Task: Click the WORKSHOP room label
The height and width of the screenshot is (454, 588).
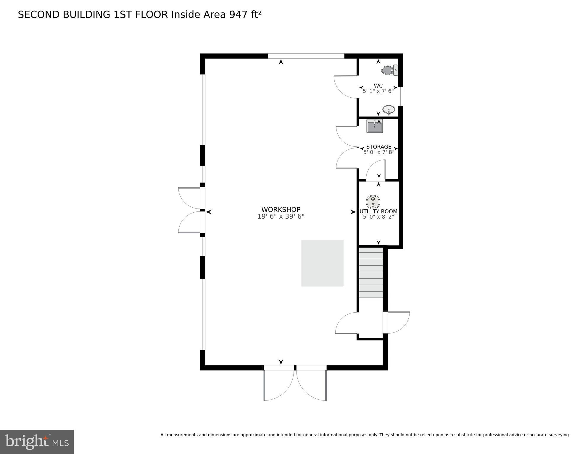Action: (x=281, y=209)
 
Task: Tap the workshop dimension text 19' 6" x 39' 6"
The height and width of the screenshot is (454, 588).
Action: (x=281, y=217)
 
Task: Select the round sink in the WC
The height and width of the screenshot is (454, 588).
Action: (x=389, y=110)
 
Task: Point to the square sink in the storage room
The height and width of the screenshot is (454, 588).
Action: (x=375, y=126)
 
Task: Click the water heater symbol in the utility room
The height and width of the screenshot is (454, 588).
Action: (x=373, y=202)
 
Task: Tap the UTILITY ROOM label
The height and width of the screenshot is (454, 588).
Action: (x=378, y=211)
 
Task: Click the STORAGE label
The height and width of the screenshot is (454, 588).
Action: (x=379, y=147)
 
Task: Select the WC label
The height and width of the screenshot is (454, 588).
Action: (x=378, y=86)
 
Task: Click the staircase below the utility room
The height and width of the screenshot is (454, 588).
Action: (x=371, y=273)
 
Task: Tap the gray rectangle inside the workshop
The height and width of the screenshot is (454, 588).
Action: (x=322, y=263)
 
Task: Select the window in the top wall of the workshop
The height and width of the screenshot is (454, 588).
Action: (x=306, y=56)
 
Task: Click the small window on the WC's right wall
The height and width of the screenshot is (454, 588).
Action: (x=400, y=96)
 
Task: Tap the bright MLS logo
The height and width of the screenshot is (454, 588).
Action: (x=37, y=442)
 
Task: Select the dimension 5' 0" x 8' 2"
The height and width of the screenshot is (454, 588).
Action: (x=378, y=217)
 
